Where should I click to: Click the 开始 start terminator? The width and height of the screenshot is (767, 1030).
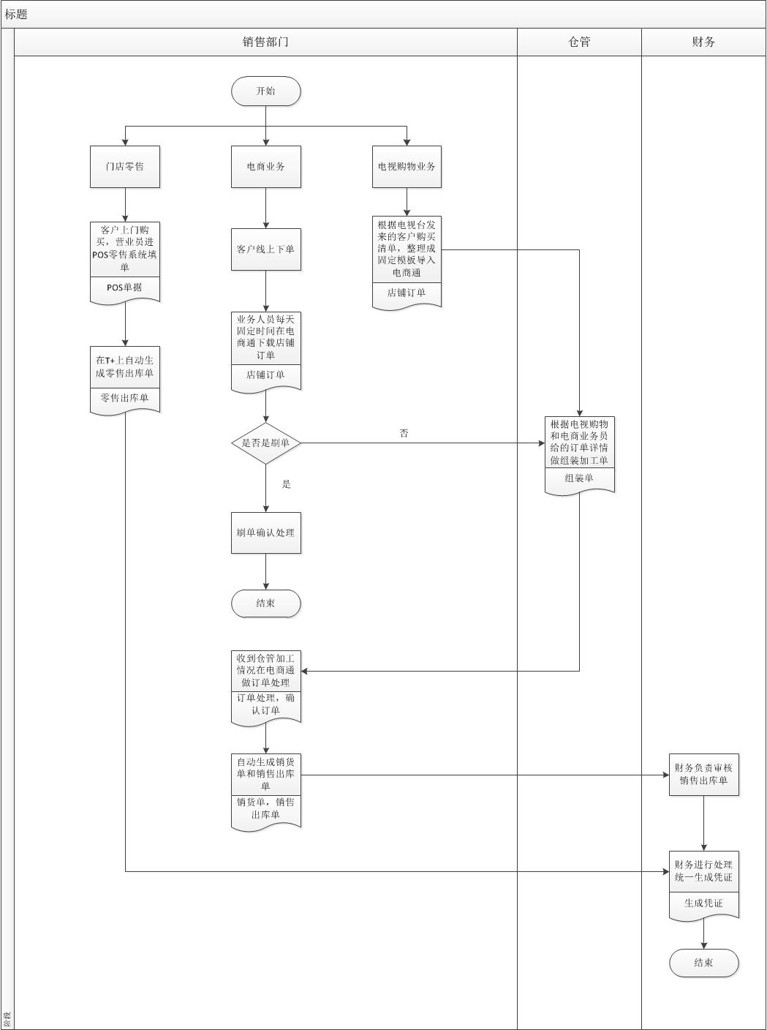pos(265,91)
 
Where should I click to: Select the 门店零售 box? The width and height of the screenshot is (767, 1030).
pos(124,167)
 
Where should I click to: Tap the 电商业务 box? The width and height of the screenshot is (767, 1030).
pos(265,167)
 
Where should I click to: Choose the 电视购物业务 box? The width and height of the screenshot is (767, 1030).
pos(407,167)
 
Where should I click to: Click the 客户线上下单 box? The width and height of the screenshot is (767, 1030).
pos(265,249)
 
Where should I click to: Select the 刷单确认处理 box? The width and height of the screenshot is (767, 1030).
pos(265,533)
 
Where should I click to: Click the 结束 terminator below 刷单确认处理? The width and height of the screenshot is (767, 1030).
pos(265,604)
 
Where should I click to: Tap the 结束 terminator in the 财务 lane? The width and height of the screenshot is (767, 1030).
pos(703,963)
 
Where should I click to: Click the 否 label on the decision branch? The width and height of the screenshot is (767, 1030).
pos(404,434)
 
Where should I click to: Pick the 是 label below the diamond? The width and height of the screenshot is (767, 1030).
pos(287,484)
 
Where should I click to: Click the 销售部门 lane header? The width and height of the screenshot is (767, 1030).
pos(265,42)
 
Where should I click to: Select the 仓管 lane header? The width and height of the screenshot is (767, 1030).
pos(579,42)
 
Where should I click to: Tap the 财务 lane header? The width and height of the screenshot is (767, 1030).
pos(703,42)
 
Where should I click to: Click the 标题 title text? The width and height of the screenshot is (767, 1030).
pos(16,15)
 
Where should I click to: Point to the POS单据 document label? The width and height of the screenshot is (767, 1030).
pos(124,287)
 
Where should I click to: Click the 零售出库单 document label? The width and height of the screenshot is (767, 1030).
pos(124,399)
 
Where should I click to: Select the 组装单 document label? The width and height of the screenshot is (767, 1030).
pos(579,478)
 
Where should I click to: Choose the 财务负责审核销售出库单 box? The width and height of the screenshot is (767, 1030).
pos(703,774)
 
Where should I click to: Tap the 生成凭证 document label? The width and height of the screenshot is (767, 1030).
pos(703,903)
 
